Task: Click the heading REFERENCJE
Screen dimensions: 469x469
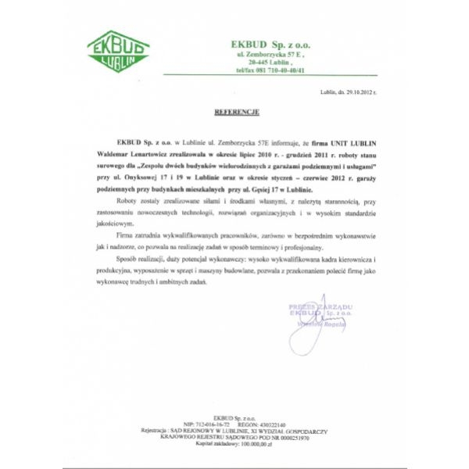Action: click(x=235, y=113)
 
